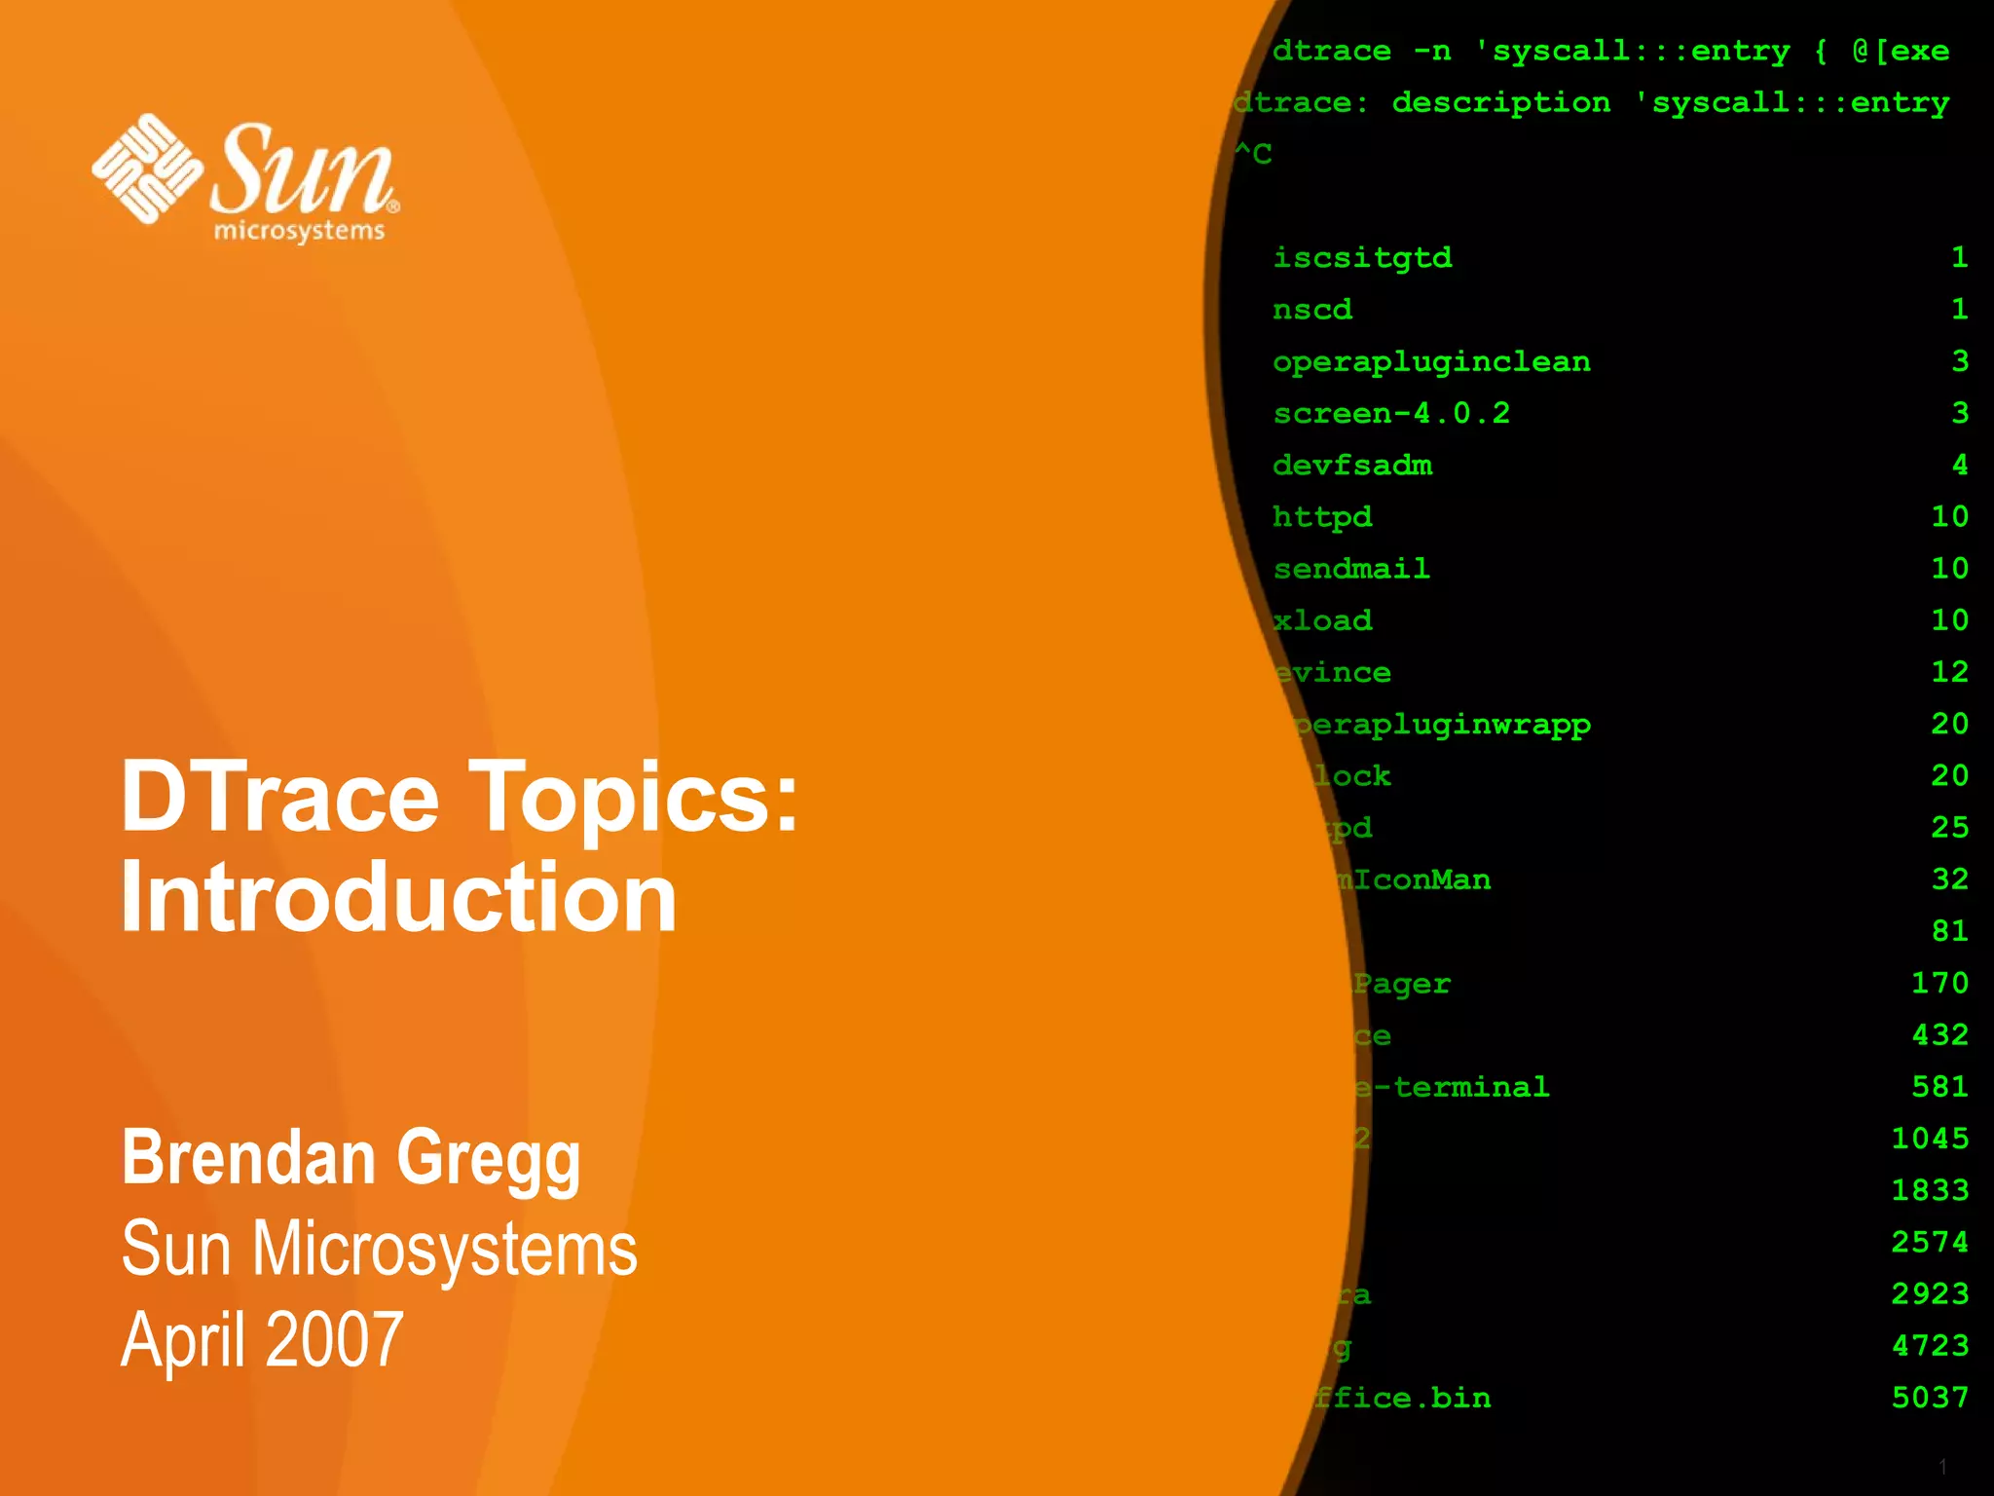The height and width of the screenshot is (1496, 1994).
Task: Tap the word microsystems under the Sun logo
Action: [x=299, y=231]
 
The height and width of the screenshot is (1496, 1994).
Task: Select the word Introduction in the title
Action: [x=399, y=897]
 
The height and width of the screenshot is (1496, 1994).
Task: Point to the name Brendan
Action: [x=248, y=1158]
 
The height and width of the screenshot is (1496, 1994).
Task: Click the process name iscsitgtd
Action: [x=1362, y=258]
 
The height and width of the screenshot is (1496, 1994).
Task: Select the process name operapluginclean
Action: [x=1431, y=362]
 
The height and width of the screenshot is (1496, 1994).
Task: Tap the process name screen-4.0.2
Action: [x=1391, y=414]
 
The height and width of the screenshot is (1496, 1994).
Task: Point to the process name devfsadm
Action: [x=1352, y=466]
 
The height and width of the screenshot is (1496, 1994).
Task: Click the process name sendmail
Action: [x=1351, y=569]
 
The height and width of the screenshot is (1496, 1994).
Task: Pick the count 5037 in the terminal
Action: [x=1930, y=1398]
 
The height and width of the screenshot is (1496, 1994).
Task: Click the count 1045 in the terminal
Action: [x=1930, y=1139]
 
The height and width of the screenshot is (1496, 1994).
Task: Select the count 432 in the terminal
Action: [x=1939, y=1034]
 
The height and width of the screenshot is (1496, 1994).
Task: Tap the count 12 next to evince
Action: [x=1949, y=672]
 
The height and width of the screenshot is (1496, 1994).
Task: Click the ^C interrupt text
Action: [x=1253, y=154]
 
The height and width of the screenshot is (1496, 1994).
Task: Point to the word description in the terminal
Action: [x=1500, y=102]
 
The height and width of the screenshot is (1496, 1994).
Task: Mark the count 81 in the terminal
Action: [x=1949, y=931]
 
